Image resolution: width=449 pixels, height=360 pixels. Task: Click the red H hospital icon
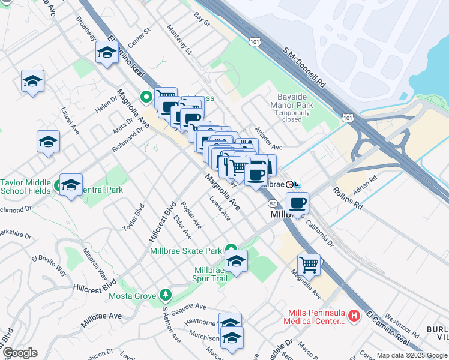pos(354,315)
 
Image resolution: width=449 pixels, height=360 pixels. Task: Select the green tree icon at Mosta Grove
pos(165,295)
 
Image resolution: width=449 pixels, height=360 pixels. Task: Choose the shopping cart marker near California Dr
pos(309,263)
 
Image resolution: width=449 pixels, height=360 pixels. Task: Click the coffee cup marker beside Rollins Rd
pos(297,203)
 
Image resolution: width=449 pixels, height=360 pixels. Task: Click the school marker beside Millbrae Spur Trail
pos(236,261)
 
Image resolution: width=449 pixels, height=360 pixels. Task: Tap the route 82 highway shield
pos(272,204)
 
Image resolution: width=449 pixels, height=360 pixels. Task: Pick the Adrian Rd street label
pos(365,185)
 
